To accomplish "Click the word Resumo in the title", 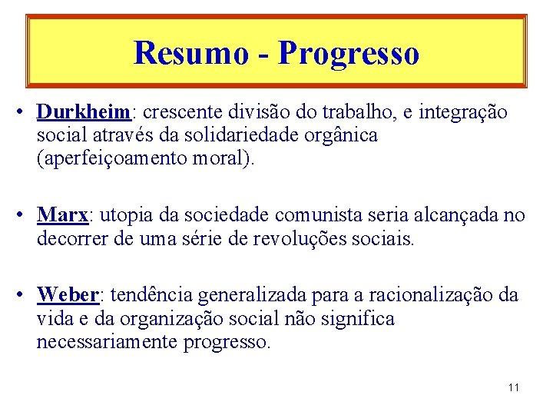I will click(190, 53).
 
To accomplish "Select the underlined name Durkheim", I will click(83, 112).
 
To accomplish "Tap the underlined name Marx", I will click(61, 214).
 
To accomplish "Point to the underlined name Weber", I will click(67, 294).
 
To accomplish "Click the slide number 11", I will click(514, 387).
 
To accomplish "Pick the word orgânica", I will click(340, 136).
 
